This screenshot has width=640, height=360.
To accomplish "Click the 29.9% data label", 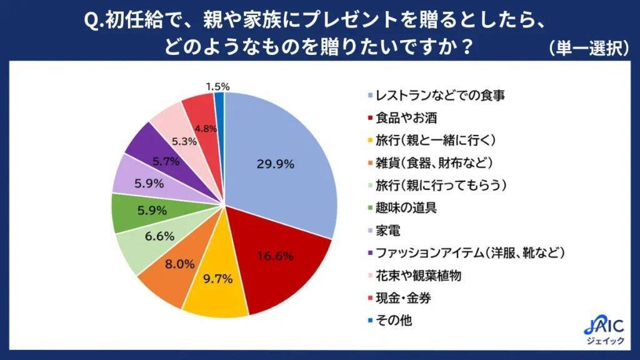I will [275, 164].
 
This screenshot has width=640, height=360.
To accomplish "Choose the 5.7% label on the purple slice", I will [166, 161].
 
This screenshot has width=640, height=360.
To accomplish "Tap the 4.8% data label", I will [206, 129].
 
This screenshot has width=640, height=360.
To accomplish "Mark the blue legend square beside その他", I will [371, 321].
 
